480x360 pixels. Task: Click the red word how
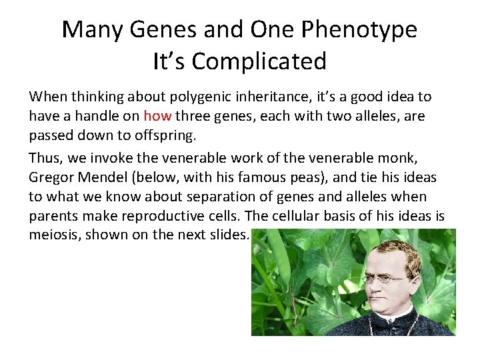pyautogui.click(x=157, y=116)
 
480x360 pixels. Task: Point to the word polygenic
pyautogui.click(x=184, y=97)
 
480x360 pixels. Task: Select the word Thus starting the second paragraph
pyautogui.click(x=45, y=159)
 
